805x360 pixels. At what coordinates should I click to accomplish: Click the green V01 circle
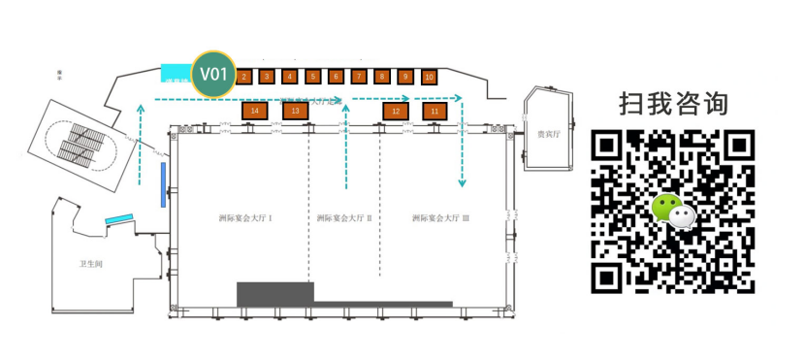(x=213, y=74)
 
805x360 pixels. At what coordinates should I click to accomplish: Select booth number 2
(x=244, y=76)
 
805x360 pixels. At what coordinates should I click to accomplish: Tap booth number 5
(x=312, y=76)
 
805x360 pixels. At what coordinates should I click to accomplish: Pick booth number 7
(x=359, y=76)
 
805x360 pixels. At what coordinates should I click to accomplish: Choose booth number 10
(x=429, y=77)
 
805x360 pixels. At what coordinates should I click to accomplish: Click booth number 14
(x=254, y=112)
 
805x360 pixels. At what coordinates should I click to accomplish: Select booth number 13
(x=296, y=112)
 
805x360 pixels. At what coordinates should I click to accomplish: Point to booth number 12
(x=396, y=112)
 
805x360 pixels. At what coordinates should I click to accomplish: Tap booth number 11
(x=435, y=112)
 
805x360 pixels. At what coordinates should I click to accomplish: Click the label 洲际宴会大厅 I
(x=244, y=218)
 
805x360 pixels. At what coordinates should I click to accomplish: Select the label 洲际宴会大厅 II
(x=344, y=218)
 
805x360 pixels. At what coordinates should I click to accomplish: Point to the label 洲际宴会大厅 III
(x=440, y=218)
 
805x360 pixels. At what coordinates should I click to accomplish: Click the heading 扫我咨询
(x=673, y=103)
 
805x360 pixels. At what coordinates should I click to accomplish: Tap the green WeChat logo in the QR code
(x=672, y=211)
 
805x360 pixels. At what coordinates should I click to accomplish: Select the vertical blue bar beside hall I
(x=163, y=184)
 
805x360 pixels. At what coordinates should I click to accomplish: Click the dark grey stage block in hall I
(x=275, y=294)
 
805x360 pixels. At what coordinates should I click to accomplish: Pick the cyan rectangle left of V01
(x=176, y=73)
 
